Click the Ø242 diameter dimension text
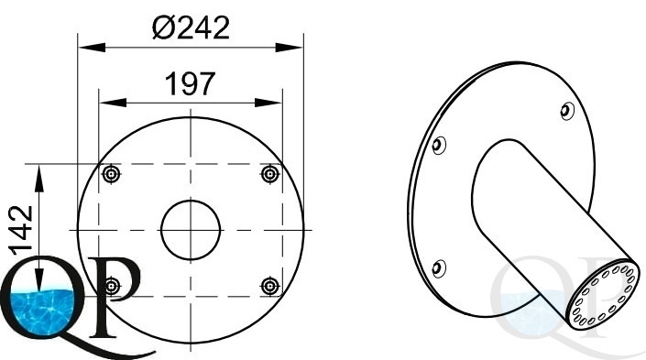tap(191, 28)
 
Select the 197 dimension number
tap(190, 83)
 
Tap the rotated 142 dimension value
tap(21, 230)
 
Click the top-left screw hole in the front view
tap(111, 174)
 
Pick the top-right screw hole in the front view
tap(269, 174)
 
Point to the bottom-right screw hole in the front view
tap(269, 286)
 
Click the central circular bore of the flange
tap(191, 230)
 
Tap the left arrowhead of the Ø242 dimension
tap(92, 48)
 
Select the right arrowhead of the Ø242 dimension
tap(289, 48)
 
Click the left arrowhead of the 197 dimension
tap(113, 103)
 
